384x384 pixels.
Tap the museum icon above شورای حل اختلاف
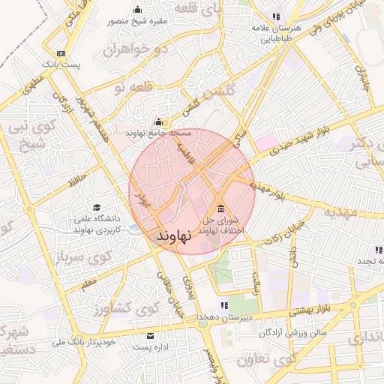pyautogui.click(x=220, y=208)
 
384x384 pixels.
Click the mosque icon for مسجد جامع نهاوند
pyautogui.click(x=158, y=122)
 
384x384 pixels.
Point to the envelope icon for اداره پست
pyautogui.click(x=150, y=336)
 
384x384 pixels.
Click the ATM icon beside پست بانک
pyautogui.click(x=61, y=53)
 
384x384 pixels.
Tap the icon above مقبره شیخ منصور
pyautogui.click(x=136, y=10)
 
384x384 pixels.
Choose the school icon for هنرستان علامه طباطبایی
pyautogui.click(x=276, y=16)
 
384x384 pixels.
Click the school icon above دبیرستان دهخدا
pyautogui.click(x=223, y=305)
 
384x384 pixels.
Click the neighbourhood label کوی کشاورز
pyautogui.click(x=134, y=307)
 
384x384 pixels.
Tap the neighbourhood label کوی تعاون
pyautogui.click(x=267, y=359)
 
